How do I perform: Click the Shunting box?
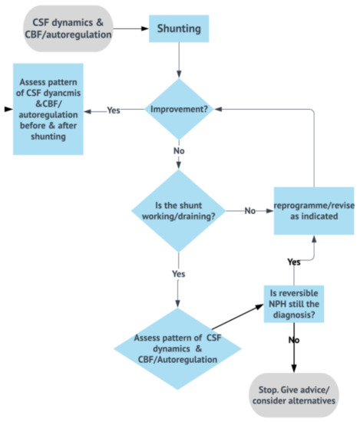[179, 29]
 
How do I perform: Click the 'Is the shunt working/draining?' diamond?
[179, 210]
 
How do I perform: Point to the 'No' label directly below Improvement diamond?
[179, 151]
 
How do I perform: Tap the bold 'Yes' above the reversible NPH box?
[294, 262]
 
